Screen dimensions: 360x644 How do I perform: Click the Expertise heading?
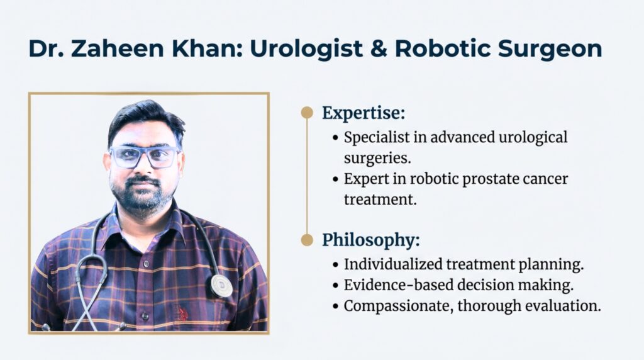click(363, 113)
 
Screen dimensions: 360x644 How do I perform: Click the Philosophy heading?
click(370, 240)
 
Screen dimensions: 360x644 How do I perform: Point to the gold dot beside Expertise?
click(306, 113)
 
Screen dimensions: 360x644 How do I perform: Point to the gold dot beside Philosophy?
click(306, 240)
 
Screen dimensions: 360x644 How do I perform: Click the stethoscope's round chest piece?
click(221, 286)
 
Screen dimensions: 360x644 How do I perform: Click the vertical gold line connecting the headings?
click(306, 176)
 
